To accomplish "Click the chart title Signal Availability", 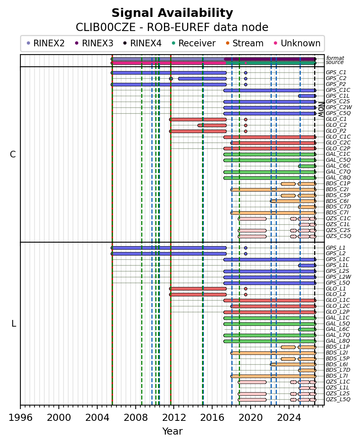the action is click(172, 13).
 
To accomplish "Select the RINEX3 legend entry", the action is click(95, 43).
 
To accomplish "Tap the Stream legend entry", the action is click(245, 43).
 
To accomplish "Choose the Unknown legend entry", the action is click(297, 43).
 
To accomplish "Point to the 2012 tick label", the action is click(174, 417).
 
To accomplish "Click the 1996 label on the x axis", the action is click(21, 417).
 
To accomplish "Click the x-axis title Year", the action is click(172, 431).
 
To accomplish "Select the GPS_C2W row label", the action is click(339, 107).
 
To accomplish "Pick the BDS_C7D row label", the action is click(338, 207).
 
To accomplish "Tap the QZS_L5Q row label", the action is click(338, 399).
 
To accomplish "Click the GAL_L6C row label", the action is click(337, 329).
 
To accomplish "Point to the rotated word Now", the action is click(321, 110).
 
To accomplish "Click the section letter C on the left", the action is click(13, 154).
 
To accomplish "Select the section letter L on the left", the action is click(14, 323).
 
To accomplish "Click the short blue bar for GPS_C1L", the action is click(307, 96).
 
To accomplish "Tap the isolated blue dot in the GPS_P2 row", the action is click(245, 84).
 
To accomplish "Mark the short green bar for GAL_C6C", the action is click(307, 166).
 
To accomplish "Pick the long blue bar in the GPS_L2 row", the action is click(169, 254).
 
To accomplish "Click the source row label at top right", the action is click(335, 62).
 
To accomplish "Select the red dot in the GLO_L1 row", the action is click(245, 289).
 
